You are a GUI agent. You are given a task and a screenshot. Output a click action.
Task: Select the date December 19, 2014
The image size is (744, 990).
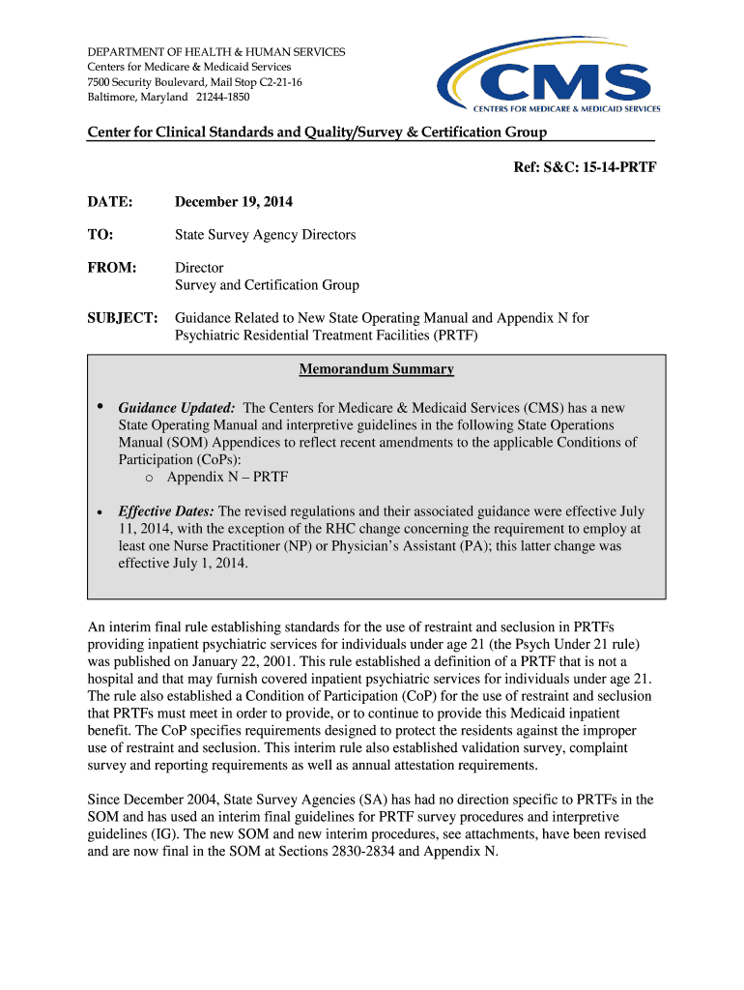pos(233,202)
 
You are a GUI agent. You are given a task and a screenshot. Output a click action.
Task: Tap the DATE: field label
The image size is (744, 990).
pos(109,202)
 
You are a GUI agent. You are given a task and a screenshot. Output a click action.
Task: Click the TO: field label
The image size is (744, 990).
pos(100,235)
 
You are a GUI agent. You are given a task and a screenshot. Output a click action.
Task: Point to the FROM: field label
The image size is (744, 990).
pos(112,268)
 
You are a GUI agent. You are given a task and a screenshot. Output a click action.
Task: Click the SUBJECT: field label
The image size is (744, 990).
pos(123,318)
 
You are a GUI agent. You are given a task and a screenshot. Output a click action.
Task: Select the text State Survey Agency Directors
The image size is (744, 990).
pos(265,235)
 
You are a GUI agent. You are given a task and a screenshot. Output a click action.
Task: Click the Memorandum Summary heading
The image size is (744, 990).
pos(376,369)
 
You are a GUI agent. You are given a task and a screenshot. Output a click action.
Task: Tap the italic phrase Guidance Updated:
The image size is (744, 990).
pos(177,409)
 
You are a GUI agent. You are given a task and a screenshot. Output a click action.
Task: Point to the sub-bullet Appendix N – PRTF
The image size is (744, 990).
pos(227,477)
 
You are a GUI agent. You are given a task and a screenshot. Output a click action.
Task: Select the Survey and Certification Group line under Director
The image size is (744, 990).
pos(266,285)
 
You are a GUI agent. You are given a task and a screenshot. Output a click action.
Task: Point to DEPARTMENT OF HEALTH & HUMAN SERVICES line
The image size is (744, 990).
pos(215,51)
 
